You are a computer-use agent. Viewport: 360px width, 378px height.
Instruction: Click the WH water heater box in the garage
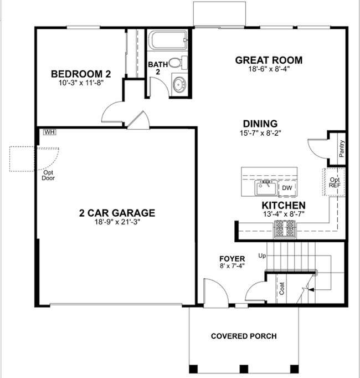click(50, 132)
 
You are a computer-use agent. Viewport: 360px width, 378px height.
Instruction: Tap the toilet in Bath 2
click(178, 63)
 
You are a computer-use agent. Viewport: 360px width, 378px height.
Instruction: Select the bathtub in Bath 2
click(168, 40)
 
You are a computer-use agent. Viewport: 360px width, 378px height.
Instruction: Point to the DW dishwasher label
click(287, 188)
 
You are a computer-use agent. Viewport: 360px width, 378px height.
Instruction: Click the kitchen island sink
click(266, 187)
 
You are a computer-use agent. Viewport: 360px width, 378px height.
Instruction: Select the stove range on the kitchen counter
click(285, 229)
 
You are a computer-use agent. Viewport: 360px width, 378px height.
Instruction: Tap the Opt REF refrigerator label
click(335, 182)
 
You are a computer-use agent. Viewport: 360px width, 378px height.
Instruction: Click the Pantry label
click(342, 149)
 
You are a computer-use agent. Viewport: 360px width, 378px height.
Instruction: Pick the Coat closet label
click(282, 288)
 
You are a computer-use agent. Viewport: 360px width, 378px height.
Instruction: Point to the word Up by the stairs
click(262, 256)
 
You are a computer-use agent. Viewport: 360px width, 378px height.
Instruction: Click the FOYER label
click(232, 259)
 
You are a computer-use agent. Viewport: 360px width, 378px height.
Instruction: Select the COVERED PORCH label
click(244, 336)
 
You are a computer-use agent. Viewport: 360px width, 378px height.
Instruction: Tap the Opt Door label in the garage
click(48, 175)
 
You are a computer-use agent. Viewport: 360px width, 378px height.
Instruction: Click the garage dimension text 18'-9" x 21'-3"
click(117, 222)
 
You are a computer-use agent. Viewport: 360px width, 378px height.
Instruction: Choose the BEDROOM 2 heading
click(81, 74)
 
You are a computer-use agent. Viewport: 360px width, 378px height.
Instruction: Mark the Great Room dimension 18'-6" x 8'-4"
click(269, 69)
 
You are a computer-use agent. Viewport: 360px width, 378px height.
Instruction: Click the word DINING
click(260, 124)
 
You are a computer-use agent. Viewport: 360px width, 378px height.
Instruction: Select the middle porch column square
click(244, 369)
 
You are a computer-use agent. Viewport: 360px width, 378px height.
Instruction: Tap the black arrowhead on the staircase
click(311, 289)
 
